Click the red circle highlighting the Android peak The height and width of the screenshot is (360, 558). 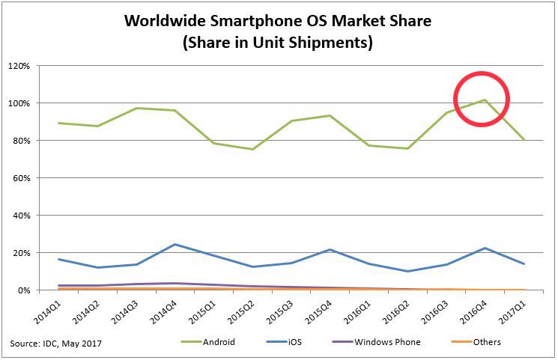(x=481, y=99)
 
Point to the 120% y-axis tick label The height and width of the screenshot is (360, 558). (x=18, y=66)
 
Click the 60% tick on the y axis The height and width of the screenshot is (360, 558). (x=20, y=178)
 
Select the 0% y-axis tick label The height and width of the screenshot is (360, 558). (x=22, y=290)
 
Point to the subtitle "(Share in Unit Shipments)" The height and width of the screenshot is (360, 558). (x=278, y=43)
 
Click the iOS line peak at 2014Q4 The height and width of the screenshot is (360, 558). (x=175, y=244)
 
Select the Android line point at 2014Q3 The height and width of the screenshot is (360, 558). (x=136, y=108)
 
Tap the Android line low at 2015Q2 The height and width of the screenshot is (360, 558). (x=252, y=149)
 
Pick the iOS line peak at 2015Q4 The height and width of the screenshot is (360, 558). (x=330, y=249)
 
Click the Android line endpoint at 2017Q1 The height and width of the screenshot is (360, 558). (x=524, y=139)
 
